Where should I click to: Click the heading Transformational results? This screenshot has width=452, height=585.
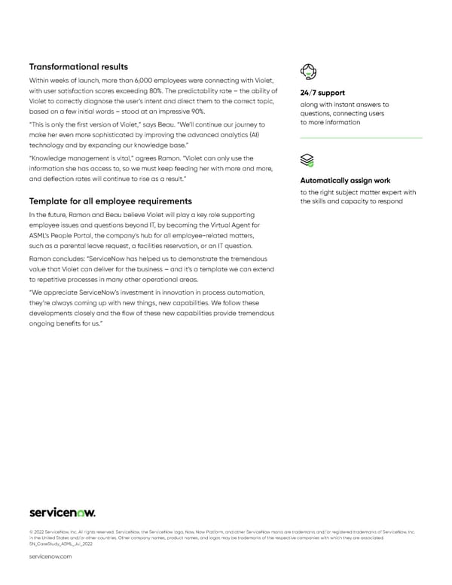pyautogui.click(x=78, y=66)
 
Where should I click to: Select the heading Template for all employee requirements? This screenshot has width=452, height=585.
pyautogui.click(x=110, y=201)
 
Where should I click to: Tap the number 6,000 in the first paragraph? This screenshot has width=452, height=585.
pyautogui.click(x=139, y=81)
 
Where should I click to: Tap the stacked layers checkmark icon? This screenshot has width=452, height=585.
pyautogui.click(x=307, y=160)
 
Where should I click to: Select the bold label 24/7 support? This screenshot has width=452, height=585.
pyautogui.click(x=323, y=93)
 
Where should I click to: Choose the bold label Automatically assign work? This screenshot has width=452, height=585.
pyautogui.click(x=344, y=181)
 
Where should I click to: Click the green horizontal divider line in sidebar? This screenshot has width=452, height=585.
pyautogui.click(x=361, y=138)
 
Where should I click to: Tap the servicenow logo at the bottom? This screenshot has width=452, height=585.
pyautogui.click(x=62, y=513)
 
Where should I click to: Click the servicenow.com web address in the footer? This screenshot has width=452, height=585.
pyautogui.click(x=50, y=556)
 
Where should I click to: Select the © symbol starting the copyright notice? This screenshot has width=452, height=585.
pyautogui.click(x=31, y=532)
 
